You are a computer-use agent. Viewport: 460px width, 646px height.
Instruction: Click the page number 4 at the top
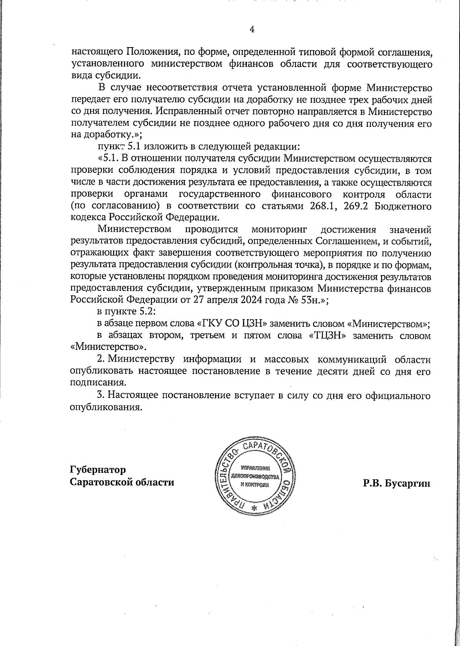click(x=252, y=29)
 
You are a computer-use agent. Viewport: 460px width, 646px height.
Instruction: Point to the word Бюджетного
click(x=403, y=206)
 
